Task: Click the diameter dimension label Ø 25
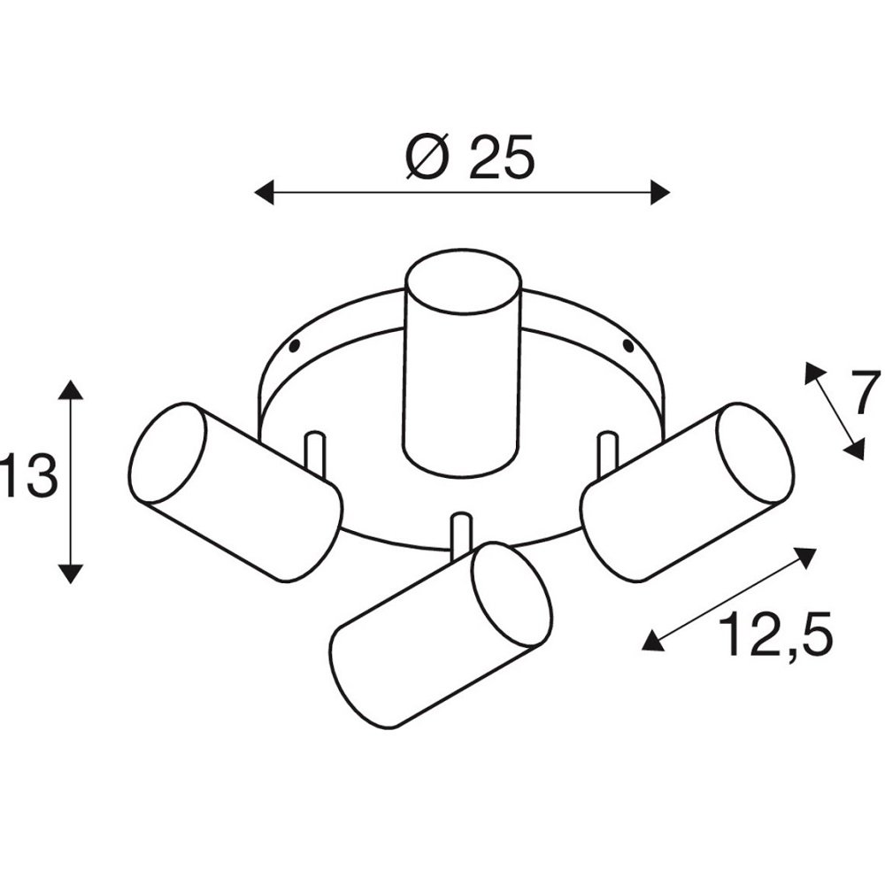[470, 158]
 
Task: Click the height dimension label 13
[28, 475]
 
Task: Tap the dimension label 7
[867, 392]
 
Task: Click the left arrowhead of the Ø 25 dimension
[264, 192]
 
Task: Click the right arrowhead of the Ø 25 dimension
[660, 192]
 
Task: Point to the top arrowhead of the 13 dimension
[71, 389]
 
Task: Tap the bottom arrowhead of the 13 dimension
[71, 573]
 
